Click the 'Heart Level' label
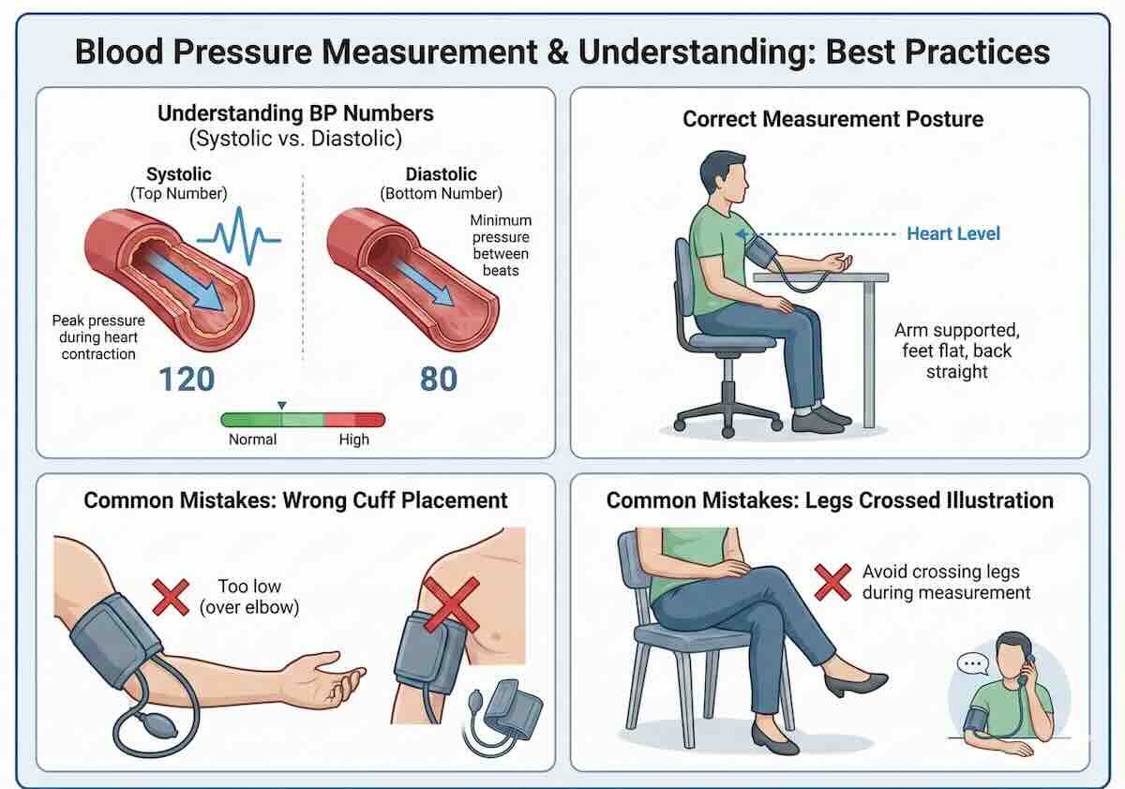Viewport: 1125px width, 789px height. pyautogui.click(x=952, y=233)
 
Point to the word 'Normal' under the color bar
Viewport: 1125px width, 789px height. pyautogui.click(x=252, y=439)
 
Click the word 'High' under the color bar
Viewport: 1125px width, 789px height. pyautogui.click(x=353, y=439)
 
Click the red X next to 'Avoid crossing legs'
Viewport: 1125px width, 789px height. pyautogui.click(x=831, y=581)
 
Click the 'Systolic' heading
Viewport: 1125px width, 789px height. pyautogui.click(x=178, y=174)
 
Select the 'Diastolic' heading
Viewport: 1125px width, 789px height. pyautogui.click(x=441, y=174)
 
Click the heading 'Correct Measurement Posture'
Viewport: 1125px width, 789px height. pyautogui.click(x=832, y=119)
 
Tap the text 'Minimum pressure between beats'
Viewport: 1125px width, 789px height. pyautogui.click(x=501, y=246)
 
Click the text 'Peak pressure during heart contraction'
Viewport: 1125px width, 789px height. pyautogui.click(x=98, y=336)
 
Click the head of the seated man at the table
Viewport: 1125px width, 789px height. pyautogui.click(x=725, y=177)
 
